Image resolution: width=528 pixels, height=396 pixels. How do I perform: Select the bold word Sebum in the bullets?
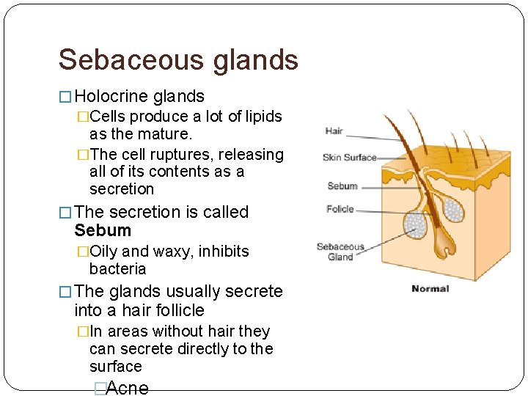pos(103,230)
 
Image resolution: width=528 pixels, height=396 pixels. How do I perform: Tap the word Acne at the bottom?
pos(128,388)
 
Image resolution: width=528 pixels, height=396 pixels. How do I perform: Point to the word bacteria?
pos(117,269)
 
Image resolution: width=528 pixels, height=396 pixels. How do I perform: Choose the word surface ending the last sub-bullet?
pos(116,367)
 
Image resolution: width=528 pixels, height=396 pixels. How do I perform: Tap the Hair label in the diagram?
pos(334,131)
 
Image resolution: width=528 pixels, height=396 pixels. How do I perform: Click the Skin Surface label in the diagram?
pos(349,157)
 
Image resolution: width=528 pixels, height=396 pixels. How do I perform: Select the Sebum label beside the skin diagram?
pos(342,186)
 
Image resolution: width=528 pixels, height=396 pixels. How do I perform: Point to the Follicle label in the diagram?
pos(340,209)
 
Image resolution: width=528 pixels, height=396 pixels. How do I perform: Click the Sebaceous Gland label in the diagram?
pos(340,252)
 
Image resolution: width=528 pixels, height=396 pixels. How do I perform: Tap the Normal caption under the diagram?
pos(430,288)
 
